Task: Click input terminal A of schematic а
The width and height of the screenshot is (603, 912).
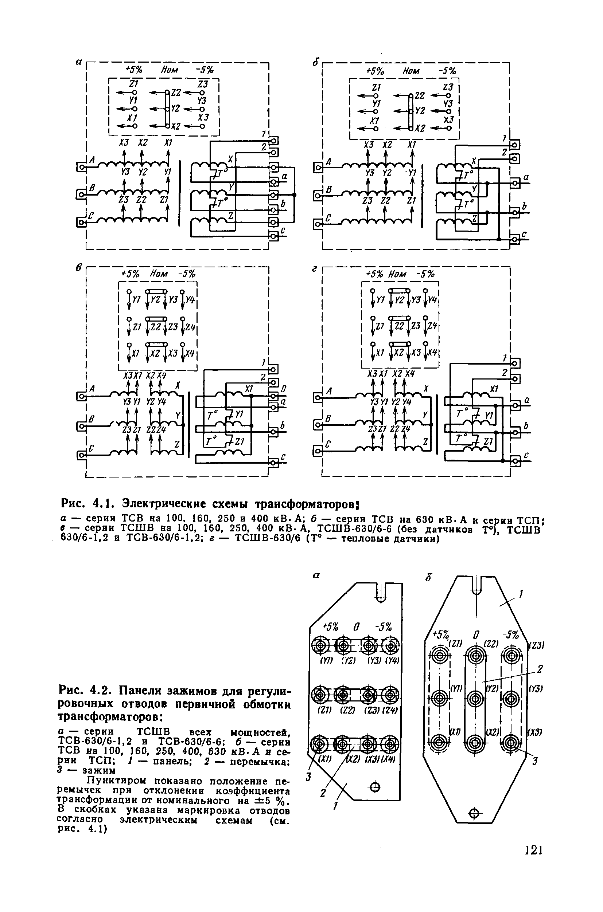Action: pyautogui.click(x=82, y=167)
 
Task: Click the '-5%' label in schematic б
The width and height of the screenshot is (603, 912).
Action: pyautogui.click(x=447, y=71)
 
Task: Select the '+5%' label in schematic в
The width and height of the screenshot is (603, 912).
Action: pyautogui.click(x=131, y=274)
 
